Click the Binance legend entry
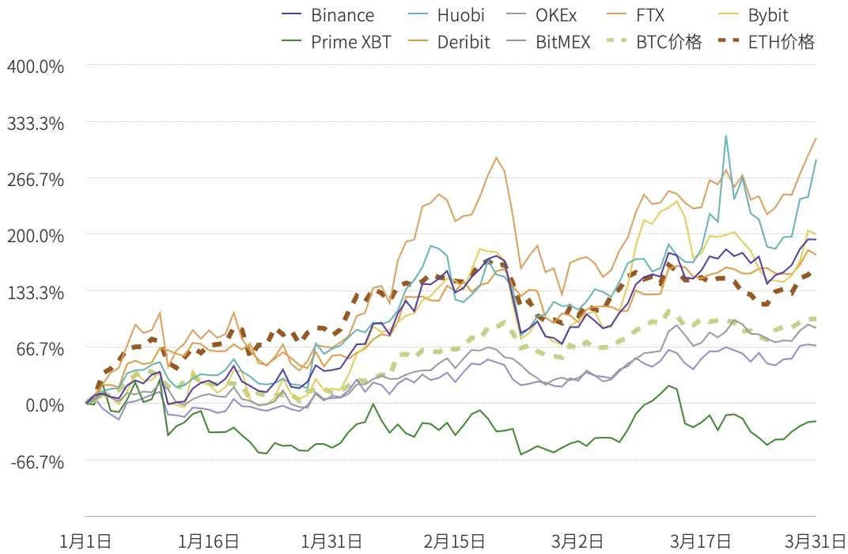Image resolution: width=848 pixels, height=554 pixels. pyautogui.click(x=327, y=15)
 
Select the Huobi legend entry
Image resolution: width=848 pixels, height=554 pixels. pyautogui.click(x=445, y=15)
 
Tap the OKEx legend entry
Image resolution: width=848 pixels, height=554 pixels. pyautogui.click(x=541, y=15)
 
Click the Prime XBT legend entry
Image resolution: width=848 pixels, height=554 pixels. pyautogui.click(x=336, y=42)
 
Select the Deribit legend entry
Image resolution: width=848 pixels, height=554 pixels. pyautogui.click(x=449, y=42)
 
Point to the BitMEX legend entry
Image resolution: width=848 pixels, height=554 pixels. pyautogui.click(x=548, y=42)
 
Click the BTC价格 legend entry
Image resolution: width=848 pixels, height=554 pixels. pyautogui.click(x=654, y=42)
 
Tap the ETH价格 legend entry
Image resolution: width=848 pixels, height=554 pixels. pyautogui.click(x=766, y=42)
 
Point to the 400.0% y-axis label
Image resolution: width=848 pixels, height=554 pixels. pyautogui.click(x=35, y=66)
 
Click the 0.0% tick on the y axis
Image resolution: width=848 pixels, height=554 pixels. pyautogui.click(x=45, y=404)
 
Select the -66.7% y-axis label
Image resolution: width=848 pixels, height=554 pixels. pyautogui.click(x=36, y=461)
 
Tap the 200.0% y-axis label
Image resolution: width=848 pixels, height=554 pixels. pyautogui.click(x=35, y=236)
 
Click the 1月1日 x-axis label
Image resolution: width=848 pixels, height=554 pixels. pyautogui.click(x=85, y=541)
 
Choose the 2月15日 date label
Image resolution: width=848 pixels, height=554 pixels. pyautogui.click(x=454, y=541)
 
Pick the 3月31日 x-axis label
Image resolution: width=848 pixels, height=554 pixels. pyautogui.click(x=816, y=541)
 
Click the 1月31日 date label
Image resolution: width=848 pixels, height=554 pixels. pyautogui.click(x=331, y=541)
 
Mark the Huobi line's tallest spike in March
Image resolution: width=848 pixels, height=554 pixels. pyautogui.click(x=725, y=136)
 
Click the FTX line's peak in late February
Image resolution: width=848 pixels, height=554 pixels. pyautogui.click(x=496, y=157)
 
